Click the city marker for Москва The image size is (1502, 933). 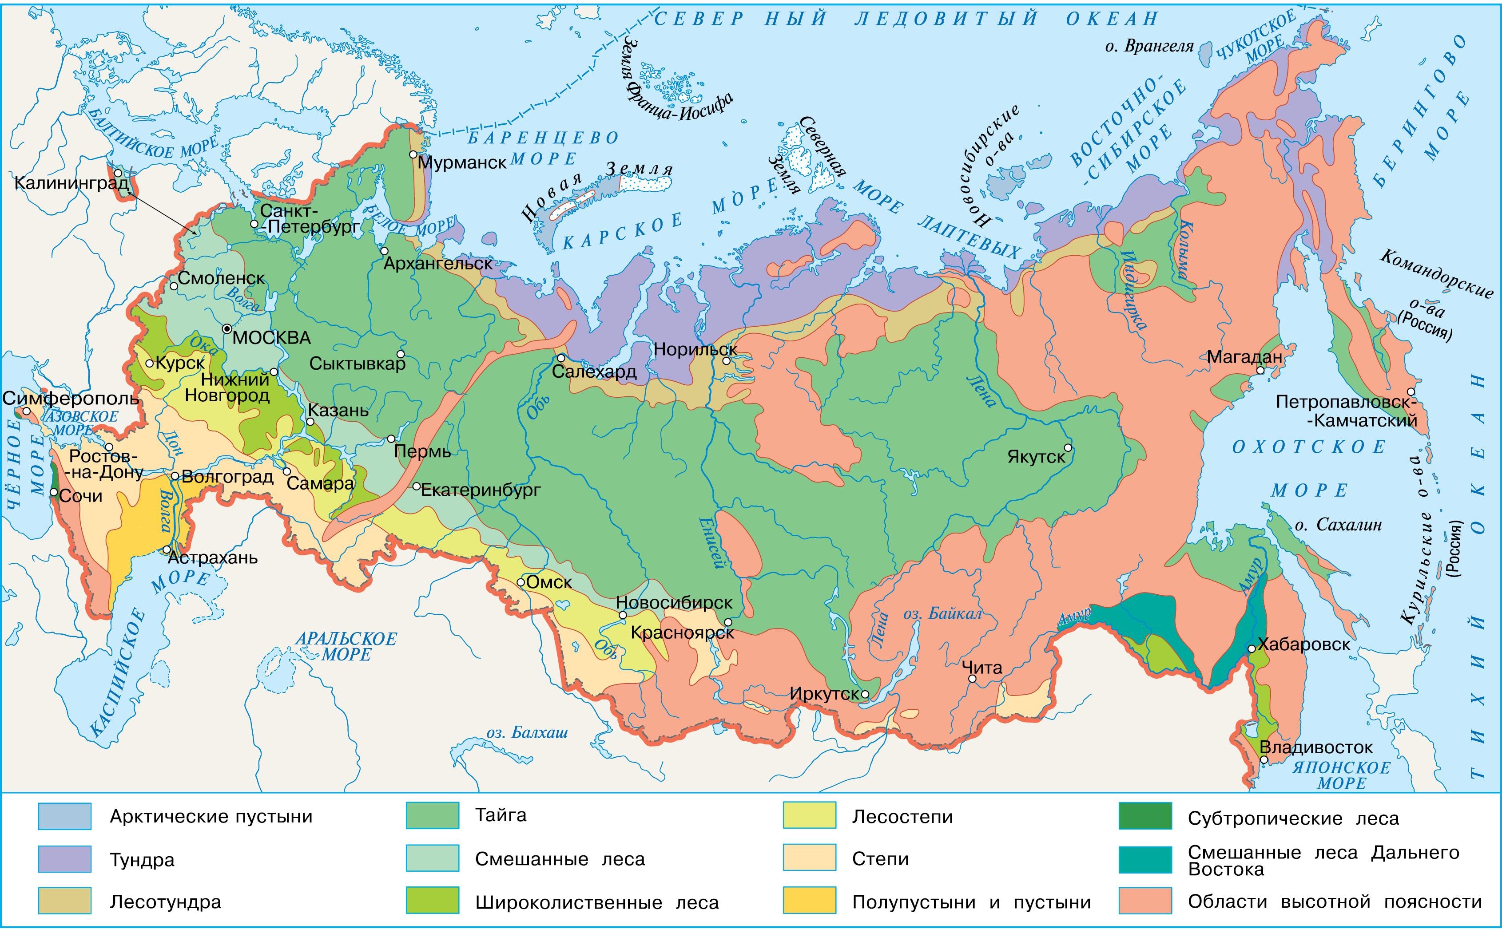[228, 328]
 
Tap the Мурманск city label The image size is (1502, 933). [462, 163]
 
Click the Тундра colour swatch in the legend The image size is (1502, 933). [64, 859]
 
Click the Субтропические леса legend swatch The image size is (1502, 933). [1144, 816]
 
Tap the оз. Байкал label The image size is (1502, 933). [942, 614]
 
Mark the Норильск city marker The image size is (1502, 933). [727, 361]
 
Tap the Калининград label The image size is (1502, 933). [72, 183]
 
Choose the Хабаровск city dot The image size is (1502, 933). [1251, 648]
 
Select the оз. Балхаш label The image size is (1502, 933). [527, 733]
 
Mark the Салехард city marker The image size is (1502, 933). [560, 358]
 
